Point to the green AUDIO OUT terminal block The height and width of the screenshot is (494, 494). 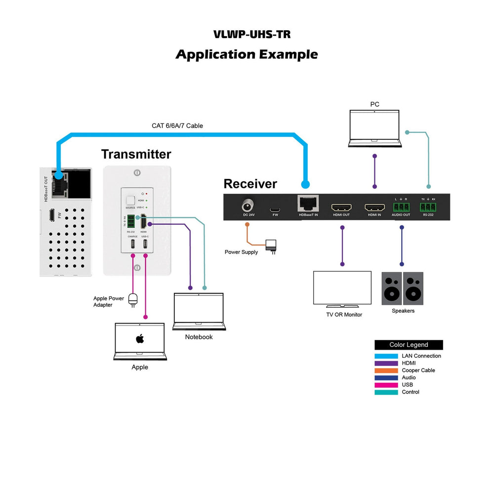point(401,207)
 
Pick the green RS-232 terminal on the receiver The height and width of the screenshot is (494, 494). point(428,207)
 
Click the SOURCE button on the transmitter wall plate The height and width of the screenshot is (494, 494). point(130,200)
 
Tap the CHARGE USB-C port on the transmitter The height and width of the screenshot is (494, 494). point(132,244)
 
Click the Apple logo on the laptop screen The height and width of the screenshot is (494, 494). point(139,339)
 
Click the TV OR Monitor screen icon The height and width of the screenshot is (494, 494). point(342,288)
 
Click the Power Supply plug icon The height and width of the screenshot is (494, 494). point(271,246)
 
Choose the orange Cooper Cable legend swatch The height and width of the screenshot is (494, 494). point(386,370)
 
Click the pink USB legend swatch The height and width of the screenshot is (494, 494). point(386,385)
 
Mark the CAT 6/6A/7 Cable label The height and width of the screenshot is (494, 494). point(177,126)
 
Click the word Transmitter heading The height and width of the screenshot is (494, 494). point(136,154)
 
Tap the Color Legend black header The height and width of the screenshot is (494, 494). point(409,345)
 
